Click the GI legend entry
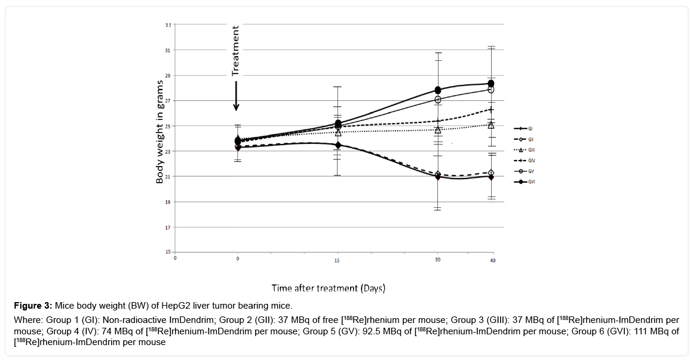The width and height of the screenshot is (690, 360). pyautogui.click(x=522, y=128)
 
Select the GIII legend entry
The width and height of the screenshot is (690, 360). pyautogui.click(x=522, y=150)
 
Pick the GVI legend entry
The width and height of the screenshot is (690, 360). pyautogui.click(x=522, y=182)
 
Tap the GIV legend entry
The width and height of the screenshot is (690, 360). pyautogui.click(x=522, y=161)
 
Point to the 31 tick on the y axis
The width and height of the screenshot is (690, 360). pyautogui.click(x=168, y=50)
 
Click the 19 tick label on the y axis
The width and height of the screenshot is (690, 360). pyautogui.click(x=168, y=202)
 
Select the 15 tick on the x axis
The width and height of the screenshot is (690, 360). pyautogui.click(x=338, y=260)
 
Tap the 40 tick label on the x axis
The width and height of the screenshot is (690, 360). pyautogui.click(x=492, y=260)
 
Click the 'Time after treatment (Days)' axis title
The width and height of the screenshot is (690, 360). pyautogui.click(x=328, y=288)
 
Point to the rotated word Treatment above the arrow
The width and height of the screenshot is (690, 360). pyautogui.click(x=235, y=50)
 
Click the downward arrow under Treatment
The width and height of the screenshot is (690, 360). pyautogui.click(x=236, y=96)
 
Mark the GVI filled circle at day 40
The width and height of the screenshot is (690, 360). pyautogui.click(x=491, y=84)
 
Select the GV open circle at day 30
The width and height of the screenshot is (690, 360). pyautogui.click(x=438, y=100)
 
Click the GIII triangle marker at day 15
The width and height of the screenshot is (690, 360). pyautogui.click(x=338, y=133)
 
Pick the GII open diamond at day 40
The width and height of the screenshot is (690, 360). pyautogui.click(x=491, y=172)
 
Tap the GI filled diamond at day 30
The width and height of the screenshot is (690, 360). pyautogui.click(x=438, y=177)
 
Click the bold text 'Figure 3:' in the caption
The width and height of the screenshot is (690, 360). pyautogui.click(x=32, y=306)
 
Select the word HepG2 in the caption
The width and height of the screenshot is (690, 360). pyautogui.click(x=190, y=306)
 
